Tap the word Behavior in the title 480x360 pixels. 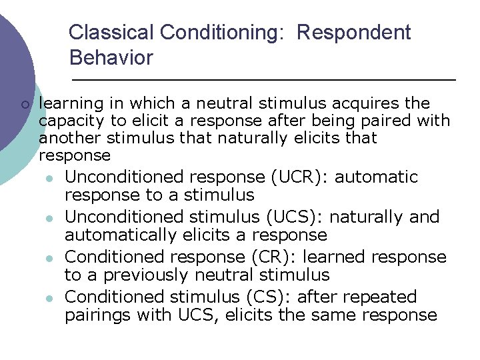[111, 58]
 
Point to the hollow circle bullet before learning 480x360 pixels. [25, 105]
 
